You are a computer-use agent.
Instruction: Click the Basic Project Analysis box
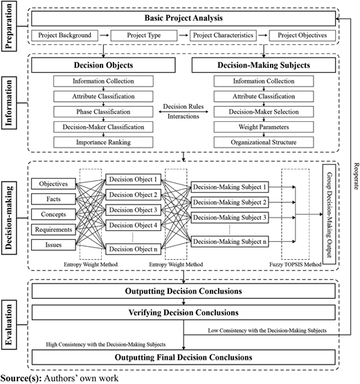(183, 18)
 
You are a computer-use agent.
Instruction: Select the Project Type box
(144, 35)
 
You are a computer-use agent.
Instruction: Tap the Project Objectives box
(303, 35)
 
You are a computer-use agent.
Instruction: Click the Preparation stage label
(9, 26)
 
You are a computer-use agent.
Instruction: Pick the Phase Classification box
(103, 112)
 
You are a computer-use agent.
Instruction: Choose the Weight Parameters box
(264, 127)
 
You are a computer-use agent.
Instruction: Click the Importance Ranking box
(103, 142)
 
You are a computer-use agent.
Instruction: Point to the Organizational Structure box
(264, 142)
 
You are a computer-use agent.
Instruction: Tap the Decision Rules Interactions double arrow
(183, 112)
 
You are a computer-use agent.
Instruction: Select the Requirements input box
(53, 229)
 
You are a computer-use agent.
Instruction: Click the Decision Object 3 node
(134, 210)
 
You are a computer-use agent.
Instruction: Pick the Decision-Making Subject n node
(230, 242)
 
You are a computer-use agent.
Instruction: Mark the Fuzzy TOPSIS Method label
(295, 265)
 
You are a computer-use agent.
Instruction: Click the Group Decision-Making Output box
(329, 214)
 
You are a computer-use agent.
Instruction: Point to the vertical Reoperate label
(356, 176)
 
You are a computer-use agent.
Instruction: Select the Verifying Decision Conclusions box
(183, 313)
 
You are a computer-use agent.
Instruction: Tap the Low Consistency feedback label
(267, 331)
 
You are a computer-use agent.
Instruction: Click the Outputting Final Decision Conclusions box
(183, 357)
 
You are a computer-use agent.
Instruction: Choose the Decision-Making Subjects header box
(264, 65)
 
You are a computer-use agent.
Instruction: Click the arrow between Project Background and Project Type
(105, 35)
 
